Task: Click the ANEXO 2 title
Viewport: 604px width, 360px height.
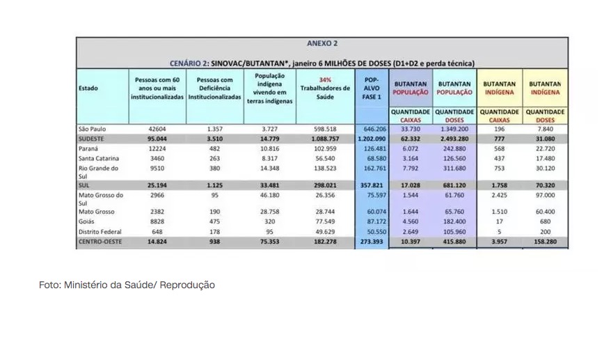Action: (x=321, y=44)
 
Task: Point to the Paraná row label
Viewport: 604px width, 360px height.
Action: (x=88, y=149)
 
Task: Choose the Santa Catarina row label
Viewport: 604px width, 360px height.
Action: (x=97, y=159)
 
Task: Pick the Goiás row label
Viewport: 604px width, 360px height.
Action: (x=87, y=220)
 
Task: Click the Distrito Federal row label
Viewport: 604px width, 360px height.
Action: (x=98, y=230)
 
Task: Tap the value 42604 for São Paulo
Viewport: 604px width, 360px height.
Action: (x=157, y=129)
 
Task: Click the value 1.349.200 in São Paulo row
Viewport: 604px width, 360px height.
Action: (x=455, y=129)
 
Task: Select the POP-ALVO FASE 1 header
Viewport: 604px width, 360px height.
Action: (x=372, y=88)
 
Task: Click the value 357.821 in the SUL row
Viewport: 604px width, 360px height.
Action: (x=372, y=186)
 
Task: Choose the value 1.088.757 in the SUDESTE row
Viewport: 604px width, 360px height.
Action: (x=324, y=139)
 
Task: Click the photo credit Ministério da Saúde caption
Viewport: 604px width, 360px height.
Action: (x=127, y=285)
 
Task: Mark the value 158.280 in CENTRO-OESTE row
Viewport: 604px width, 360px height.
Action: (x=546, y=242)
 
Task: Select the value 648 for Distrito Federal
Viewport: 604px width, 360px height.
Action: (x=157, y=230)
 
